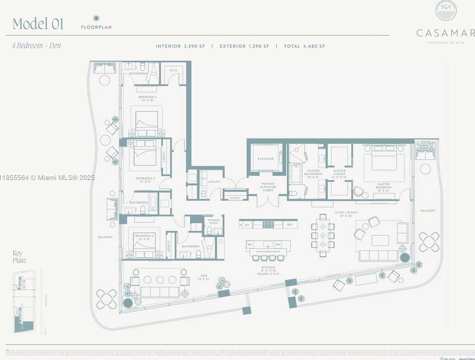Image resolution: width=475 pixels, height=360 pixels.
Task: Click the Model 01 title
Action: pyautogui.click(x=38, y=24)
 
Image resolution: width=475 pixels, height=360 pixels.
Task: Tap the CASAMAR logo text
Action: pyautogui.click(x=445, y=33)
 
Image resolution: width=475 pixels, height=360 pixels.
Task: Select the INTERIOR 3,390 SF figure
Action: pyautogui.click(x=180, y=46)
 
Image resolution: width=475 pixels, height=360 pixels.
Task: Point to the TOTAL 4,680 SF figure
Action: pyautogui.click(x=304, y=46)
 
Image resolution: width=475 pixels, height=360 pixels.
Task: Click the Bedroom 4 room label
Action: pyautogui.click(x=147, y=98)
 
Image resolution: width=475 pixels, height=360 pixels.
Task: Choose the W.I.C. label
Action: pyautogui.click(x=174, y=70)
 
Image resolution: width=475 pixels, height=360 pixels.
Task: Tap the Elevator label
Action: pyautogui.click(x=266, y=159)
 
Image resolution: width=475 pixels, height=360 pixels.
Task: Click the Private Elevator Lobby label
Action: pyautogui.click(x=268, y=187)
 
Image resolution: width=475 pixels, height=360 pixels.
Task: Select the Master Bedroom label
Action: pyautogui.click(x=383, y=187)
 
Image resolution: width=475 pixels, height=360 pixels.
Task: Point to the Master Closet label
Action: pyautogui.click(x=339, y=174)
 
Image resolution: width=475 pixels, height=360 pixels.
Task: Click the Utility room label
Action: pyautogui.click(x=214, y=182)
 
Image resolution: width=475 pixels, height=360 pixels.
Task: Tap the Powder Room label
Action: pyautogui.click(x=214, y=221)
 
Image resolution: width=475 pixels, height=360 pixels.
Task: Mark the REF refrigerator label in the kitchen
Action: pyautogui.click(x=290, y=225)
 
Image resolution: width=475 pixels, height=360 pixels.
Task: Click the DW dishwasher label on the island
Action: pyautogui.click(x=278, y=244)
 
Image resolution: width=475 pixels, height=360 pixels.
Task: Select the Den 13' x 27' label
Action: pyautogui.click(x=204, y=277)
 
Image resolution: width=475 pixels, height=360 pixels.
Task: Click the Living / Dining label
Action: pyautogui.click(x=346, y=214)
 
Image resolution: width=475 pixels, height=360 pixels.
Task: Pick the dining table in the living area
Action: pyautogui.click(x=323, y=235)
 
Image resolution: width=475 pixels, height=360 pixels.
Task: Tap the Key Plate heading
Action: pyautogui.click(x=19, y=257)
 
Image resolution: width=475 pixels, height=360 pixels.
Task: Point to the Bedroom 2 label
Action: pyautogui.click(x=144, y=237)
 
